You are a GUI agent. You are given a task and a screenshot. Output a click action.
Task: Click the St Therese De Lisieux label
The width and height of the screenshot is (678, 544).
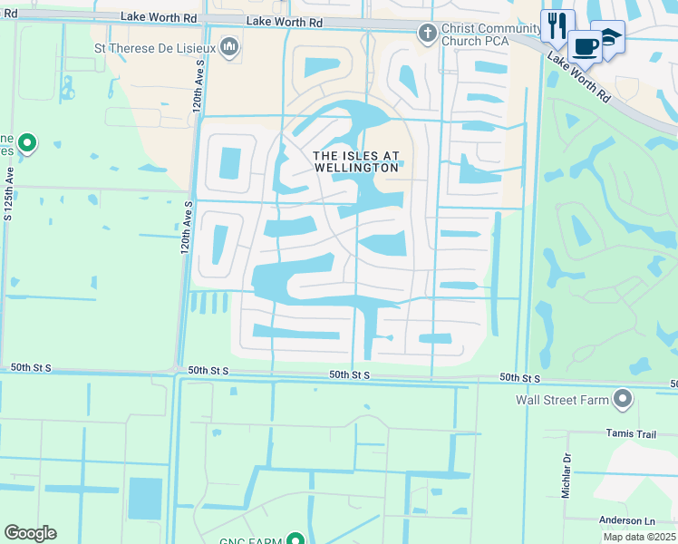[x=154, y=47]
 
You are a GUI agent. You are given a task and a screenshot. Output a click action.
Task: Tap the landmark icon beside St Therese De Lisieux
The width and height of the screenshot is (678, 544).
[x=229, y=45]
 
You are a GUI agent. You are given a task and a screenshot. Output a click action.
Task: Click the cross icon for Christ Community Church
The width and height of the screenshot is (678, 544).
[x=427, y=34]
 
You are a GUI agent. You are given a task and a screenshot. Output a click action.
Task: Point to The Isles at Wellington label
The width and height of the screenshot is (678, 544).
[x=356, y=161]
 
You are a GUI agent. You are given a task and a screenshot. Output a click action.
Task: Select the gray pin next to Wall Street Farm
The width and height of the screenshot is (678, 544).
[x=623, y=398]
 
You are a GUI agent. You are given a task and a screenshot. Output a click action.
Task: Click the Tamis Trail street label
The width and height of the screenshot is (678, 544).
[x=631, y=434]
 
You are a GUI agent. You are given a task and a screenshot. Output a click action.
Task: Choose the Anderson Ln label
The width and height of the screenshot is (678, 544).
[x=626, y=520]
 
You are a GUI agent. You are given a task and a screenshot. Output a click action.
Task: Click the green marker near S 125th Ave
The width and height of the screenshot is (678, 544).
[x=27, y=142]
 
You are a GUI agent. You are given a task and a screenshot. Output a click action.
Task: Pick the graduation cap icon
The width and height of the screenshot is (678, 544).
[x=608, y=35]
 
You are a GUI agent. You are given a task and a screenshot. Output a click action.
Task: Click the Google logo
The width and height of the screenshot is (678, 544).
[x=30, y=533]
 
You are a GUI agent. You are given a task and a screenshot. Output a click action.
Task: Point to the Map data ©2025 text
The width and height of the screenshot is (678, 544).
[x=640, y=537]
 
